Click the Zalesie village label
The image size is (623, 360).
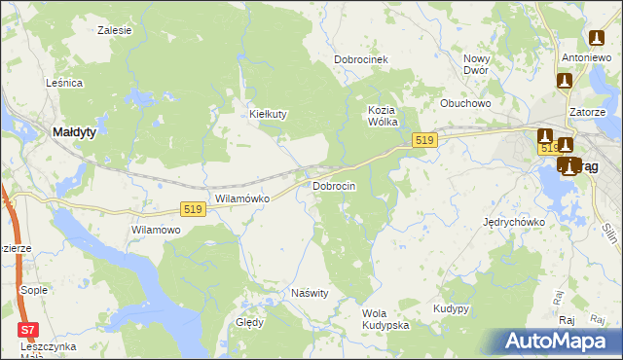coord(115,30)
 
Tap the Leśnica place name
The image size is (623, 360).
coord(64,84)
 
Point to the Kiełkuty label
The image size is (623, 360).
coord(269,114)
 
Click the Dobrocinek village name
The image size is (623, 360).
coord(361,59)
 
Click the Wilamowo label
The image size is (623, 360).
coord(156,230)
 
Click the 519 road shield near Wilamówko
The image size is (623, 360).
coord(192,209)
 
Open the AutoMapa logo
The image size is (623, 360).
coord(558,342)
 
